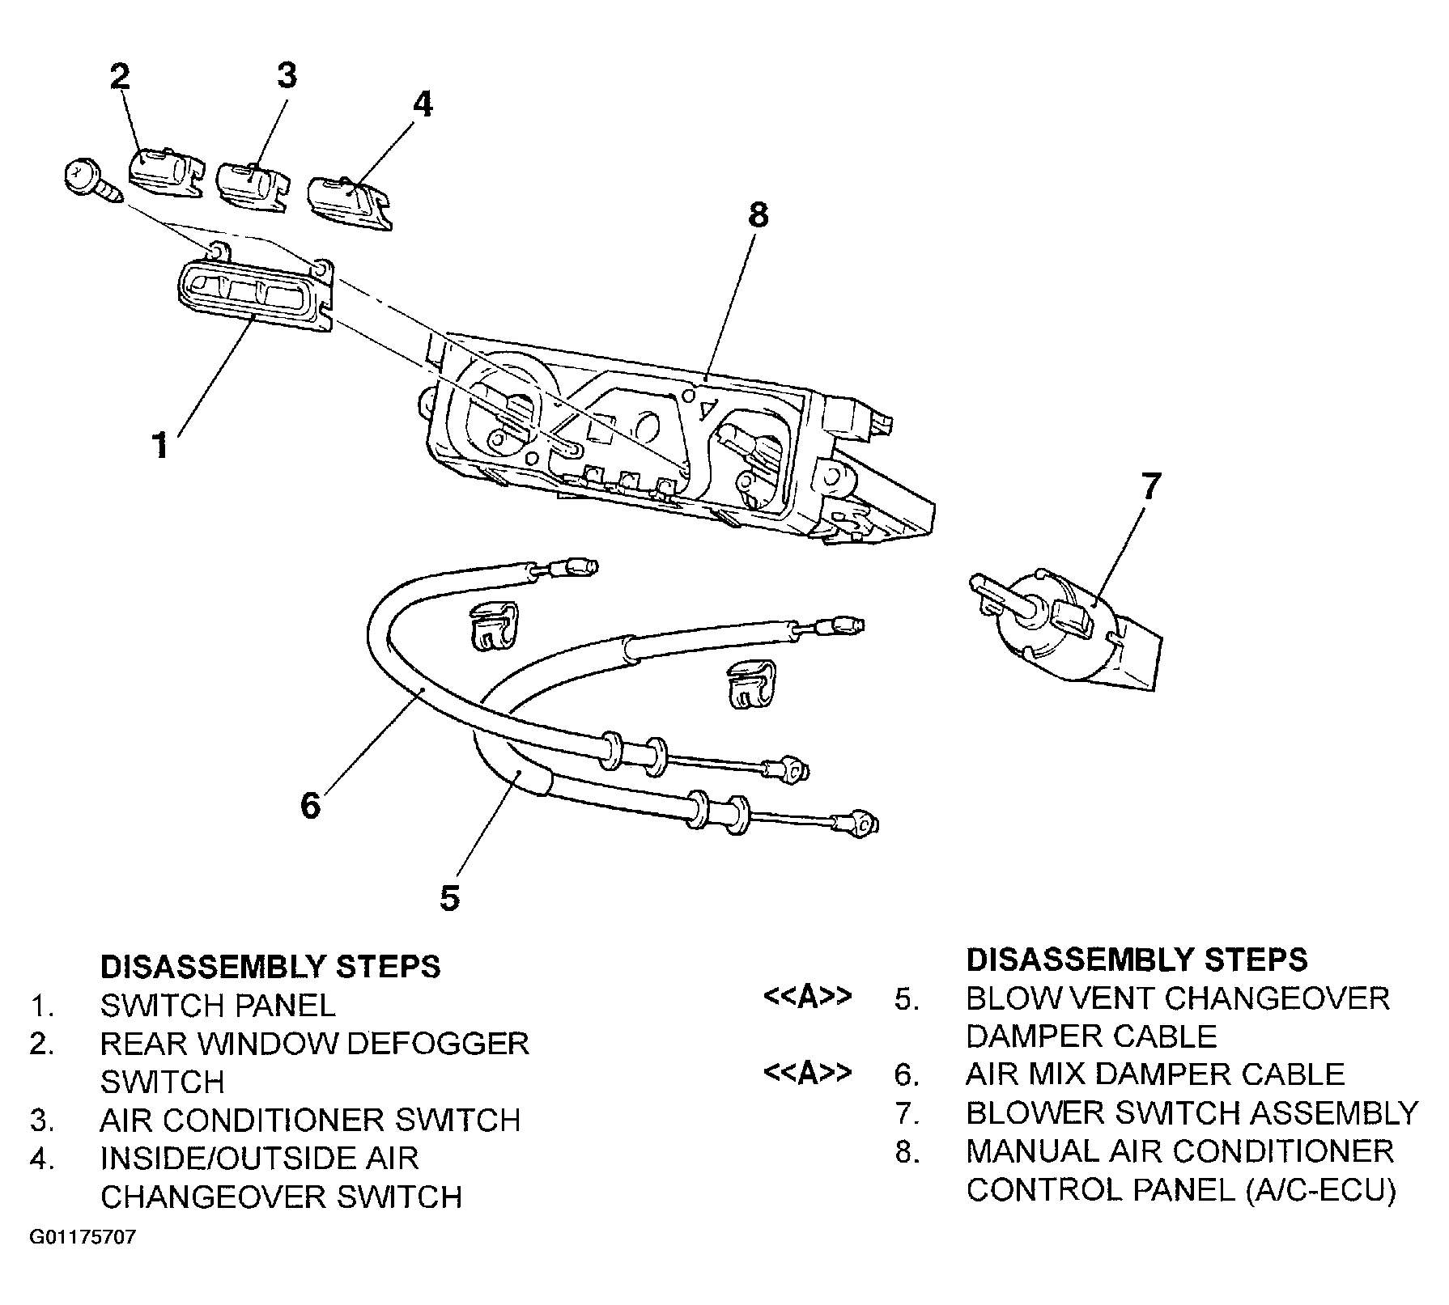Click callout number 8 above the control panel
(x=758, y=215)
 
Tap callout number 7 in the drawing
(x=1150, y=486)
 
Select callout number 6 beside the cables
(x=311, y=805)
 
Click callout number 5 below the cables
(x=450, y=898)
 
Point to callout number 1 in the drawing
(x=161, y=445)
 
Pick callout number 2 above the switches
(x=119, y=77)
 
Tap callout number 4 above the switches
(x=423, y=104)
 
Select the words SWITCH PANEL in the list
(x=217, y=1006)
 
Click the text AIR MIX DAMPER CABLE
(x=1154, y=1074)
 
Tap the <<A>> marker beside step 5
(x=807, y=998)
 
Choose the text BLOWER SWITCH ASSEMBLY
(x=1192, y=1113)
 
